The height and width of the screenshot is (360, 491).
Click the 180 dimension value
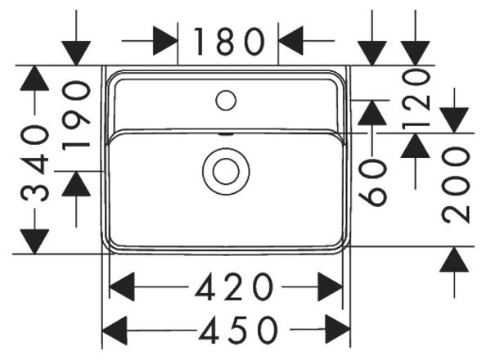[229, 42]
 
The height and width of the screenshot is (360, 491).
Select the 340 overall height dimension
[34, 163]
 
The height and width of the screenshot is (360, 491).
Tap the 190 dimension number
[76, 115]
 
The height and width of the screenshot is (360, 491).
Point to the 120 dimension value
[416, 100]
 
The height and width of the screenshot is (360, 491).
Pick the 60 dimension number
[372, 182]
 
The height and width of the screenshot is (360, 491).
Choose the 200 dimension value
[456, 185]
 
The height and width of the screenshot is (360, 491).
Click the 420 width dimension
[234, 286]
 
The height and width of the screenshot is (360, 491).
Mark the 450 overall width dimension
[238, 330]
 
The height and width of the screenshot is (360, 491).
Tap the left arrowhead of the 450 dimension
[115, 331]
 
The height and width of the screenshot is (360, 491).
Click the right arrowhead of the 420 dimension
[331, 286]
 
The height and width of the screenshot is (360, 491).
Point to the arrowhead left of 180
[165, 41]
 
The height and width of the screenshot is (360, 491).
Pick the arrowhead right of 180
[291, 41]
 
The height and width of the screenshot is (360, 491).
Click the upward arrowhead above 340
[34, 79]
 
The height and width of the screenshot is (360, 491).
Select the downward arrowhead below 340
[34, 241]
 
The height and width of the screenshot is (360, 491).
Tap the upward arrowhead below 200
[454, 259]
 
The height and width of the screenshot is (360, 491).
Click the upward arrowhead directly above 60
[372, 113]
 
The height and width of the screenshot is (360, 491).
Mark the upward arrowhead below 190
[76, 184]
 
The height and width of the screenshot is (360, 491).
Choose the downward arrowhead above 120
[415, 53]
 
